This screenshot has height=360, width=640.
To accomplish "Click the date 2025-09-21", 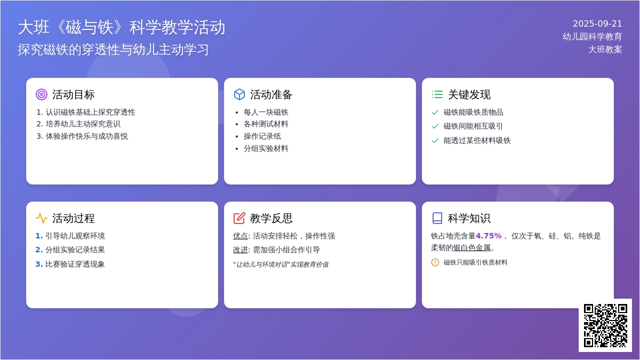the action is pyautogui.click(x=597, y=23).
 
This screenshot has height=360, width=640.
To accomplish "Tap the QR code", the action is pyautogui.click(x=605, y=325).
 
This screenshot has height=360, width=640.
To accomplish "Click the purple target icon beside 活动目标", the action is pyautogui.click(x=42, y=94).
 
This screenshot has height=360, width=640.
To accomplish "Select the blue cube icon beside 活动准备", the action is pyautogui.click(x=239, y=94).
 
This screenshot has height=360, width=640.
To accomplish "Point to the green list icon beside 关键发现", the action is pyautogui.click(x=437, y=94).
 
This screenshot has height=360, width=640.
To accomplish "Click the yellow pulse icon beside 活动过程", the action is pyautogui.click(x=42, y=218).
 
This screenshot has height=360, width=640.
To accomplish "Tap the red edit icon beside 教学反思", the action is pyautogui.click(x=239, y=218).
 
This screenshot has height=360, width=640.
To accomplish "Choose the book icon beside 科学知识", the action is pyautogui.click(x=437, y=218).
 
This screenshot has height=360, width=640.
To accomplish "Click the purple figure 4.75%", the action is pyautogui.click(x=489, y=236).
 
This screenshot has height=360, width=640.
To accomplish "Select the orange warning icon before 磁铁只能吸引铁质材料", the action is pyautogui.click(x=435, y=262).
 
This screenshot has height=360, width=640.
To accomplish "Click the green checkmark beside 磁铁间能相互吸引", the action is pyautogui.click(x=435, y=126).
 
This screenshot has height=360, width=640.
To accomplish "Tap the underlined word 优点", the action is pyautogui.click(x=241, y=236).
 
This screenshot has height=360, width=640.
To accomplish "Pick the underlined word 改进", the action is pyautogui.click(x=241, y=250).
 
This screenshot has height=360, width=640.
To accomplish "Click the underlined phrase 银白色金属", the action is pyautogui.click(x=472, y=247).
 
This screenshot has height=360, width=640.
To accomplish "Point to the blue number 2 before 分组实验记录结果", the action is pyautogui.click(x=38, y=250).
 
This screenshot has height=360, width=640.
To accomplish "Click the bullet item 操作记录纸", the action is pyautogui.click(x=262, y=137).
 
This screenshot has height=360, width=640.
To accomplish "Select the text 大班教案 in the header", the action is pyautogui.click(x=605, y=50).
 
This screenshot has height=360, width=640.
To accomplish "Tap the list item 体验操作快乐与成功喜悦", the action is pyautogui.click(x=86, y=137).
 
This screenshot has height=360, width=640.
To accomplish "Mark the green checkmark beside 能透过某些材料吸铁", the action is pyautogui.click(x=435, y=141).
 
